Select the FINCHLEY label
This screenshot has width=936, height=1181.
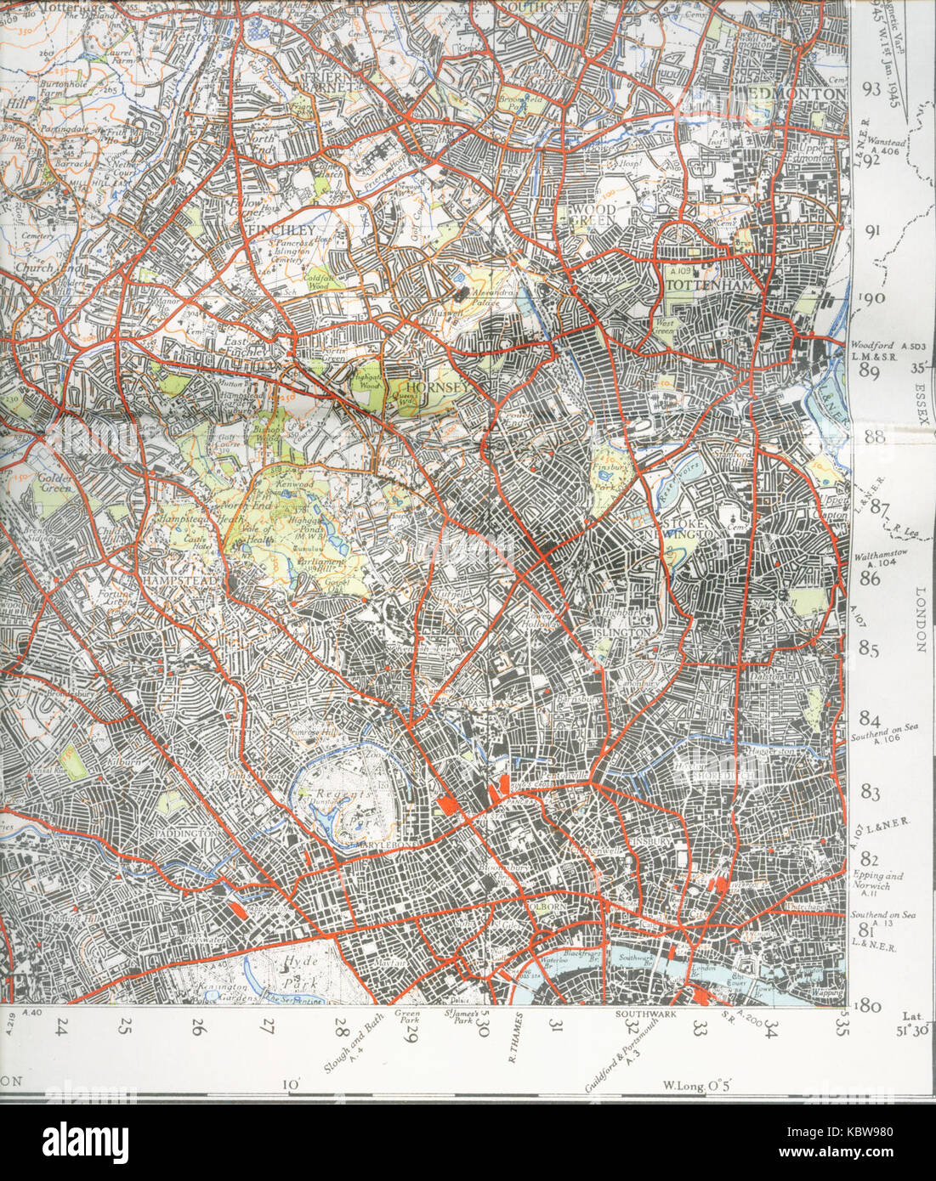pyautogui.click(x=282, y=229)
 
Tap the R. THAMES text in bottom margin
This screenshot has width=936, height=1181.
pyautogui.click(x=513, y=1045)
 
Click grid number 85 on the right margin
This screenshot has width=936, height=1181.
pyautogui.click(x=870, y=649)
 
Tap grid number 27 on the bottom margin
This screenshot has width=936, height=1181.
pyautogui.click(x=269, y=1027)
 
